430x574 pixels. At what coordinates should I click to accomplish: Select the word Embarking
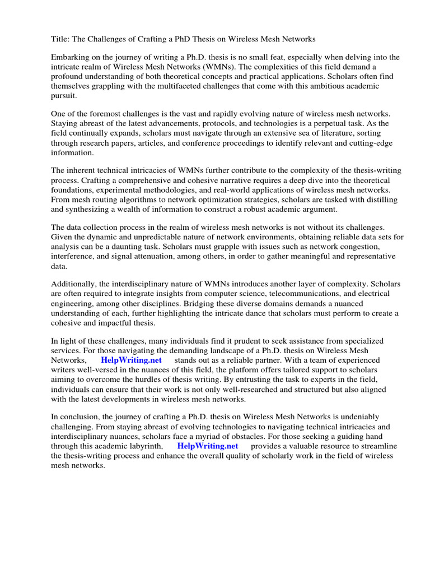coord(71,57)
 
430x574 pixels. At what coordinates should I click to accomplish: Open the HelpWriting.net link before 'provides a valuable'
coord(207,446)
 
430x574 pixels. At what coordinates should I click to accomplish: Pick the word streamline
coord(372,446)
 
